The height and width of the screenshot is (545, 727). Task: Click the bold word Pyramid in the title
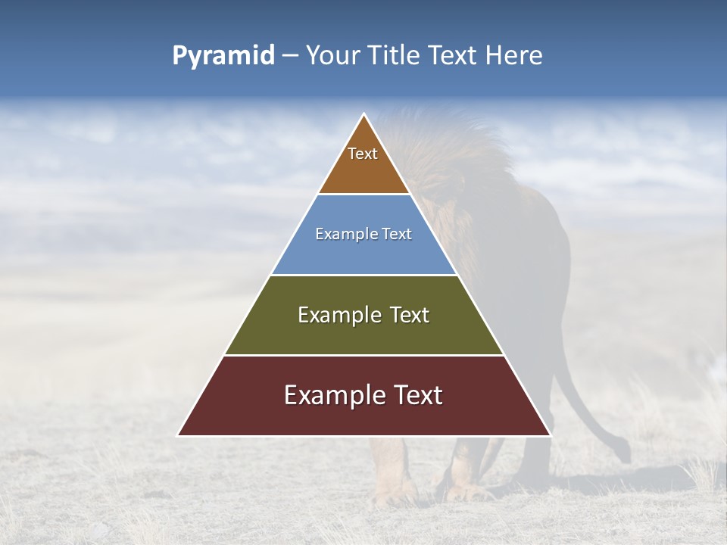pyautogui.click(x=223, y=56)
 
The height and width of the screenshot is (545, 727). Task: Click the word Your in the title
pyautogui.click(x=332, y=56)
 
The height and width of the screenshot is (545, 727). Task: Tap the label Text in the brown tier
pyautogui.click(x=363, y=154)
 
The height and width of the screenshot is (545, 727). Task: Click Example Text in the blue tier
pyautogui.click(x=363, y=234)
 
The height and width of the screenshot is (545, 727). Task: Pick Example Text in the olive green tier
pyautogui.click(x=363, y=315)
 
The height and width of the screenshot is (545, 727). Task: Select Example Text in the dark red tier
pyautogui.click(x=363, y=395)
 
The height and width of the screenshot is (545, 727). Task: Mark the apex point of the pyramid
pyautogui.click(x=364, y=114)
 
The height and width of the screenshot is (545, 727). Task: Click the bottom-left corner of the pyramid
pyautogui.click(x=178, y=435)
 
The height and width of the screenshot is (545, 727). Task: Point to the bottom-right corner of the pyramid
pyautogui.click(x=551, y=435)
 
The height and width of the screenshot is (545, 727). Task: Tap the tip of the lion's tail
pyautogui.click(x=625, y=456)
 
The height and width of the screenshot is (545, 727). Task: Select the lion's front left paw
pyautogui.click(x=394, y=496)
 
